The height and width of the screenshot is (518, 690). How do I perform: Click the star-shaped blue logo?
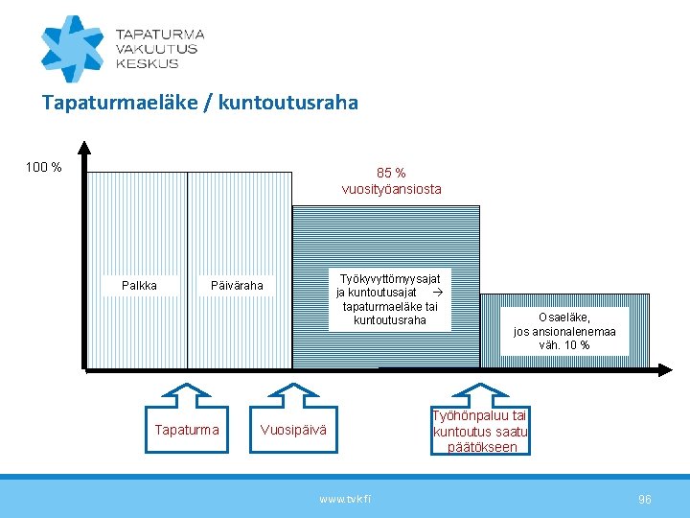71,48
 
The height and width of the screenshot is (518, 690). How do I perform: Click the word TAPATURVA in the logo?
159,34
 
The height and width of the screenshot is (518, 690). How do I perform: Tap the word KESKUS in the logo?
147,63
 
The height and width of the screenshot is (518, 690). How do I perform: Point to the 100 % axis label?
43,168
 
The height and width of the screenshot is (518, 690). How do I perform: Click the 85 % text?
391,173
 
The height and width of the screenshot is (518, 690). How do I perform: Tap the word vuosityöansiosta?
391,189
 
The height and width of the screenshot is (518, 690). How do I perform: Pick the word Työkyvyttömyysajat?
390,276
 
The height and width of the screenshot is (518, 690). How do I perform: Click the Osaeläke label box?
564,331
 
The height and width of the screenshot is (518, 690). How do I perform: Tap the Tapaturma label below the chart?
187,430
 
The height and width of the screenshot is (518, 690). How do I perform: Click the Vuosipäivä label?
293,430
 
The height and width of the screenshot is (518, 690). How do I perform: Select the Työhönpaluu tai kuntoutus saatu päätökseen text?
479,431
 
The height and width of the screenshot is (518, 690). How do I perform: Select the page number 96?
645,499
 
